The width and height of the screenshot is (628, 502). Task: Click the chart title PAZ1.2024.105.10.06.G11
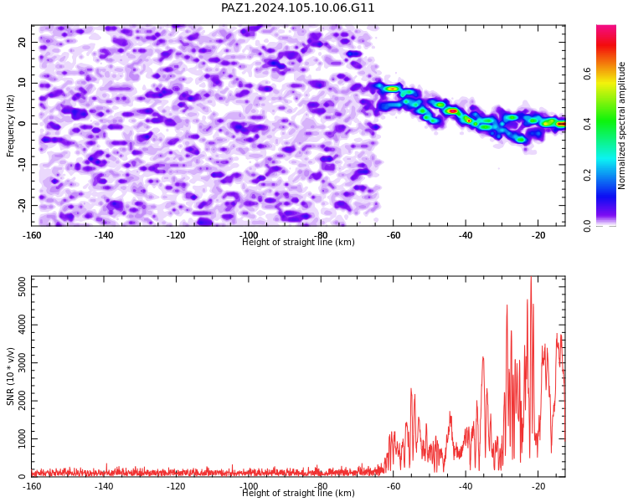coord(297,8)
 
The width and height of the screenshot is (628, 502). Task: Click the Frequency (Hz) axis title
coord(10,125)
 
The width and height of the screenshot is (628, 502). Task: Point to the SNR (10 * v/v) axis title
coord(10,376)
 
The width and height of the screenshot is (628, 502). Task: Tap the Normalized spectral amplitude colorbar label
coord(621,125)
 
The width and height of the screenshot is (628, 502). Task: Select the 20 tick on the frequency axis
coord(22,42)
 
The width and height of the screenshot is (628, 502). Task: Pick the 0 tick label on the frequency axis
coord(22,124)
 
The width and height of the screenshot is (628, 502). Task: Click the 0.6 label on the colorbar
coord(587,74)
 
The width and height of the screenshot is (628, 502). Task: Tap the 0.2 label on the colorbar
coord(587,175)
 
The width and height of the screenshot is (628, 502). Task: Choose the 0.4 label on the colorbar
coord(587,124)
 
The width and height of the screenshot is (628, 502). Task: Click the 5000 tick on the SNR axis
coord(22,287)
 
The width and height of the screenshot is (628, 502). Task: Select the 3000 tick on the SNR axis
coord(22,362)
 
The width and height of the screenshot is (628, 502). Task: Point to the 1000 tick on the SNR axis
coord(22,438)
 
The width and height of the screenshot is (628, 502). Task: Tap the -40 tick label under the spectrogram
coord(466,235)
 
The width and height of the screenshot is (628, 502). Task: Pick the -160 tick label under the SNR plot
coord(31,486)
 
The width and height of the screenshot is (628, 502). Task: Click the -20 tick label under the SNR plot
coord(538,486)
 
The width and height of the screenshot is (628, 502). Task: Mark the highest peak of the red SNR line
coord(531,277)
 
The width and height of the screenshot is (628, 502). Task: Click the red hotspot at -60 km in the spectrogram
coord(393,89)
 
